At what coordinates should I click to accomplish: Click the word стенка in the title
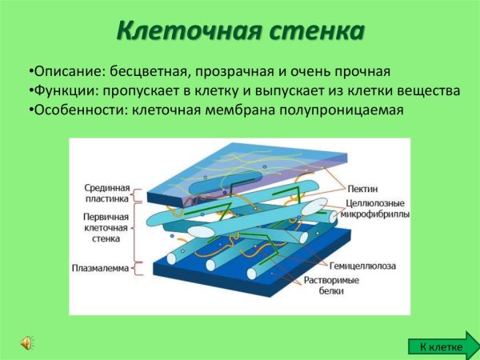pos(314,31)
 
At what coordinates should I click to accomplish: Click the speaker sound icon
pos(27,343)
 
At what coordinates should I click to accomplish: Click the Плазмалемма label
pos(100,269)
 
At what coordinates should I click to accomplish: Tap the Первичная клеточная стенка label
pos(106,227)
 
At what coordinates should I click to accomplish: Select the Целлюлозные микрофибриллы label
pos(378,210)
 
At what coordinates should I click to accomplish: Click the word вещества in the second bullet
pos(431,90)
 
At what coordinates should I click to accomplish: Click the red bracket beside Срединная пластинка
pos(137,194)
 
